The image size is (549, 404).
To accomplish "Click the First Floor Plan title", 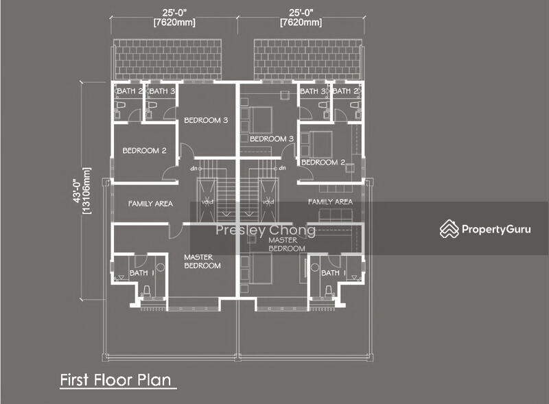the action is (115, 380).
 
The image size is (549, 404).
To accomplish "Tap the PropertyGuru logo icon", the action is (449, 229).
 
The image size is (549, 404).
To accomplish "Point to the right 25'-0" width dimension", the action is (301, 18).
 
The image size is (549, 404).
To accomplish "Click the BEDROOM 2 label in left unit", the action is (144, 150).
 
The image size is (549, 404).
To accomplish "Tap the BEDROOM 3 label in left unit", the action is (206, 120).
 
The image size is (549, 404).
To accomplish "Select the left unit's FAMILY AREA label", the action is (150, 204).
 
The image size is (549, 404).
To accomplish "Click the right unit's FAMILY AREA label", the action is (330, 202).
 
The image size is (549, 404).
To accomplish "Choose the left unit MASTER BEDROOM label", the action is (202, 261).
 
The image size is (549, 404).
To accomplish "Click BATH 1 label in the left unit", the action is (142, 273).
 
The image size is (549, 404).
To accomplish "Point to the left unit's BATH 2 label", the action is (130, 91).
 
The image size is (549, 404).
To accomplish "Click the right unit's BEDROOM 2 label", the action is (323, 162).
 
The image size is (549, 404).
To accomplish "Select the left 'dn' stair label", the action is (194, 169).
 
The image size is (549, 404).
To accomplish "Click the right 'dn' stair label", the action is (282, 168).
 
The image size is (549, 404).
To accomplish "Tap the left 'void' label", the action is (207, 202).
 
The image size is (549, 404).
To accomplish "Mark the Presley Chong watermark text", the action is (266, 230).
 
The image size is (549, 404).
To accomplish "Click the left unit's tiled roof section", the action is (167, 60).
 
